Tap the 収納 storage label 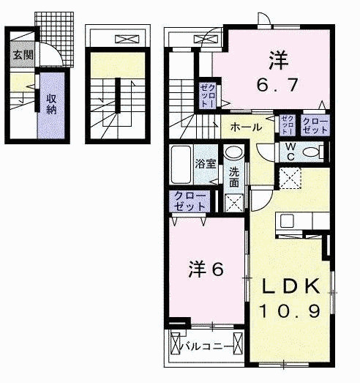click(x=50, y=105)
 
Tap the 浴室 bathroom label click(x=205, y=164)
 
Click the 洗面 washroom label click(x=233, y=178)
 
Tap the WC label click(x=290, y=152)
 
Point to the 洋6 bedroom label click(x=206, y=268)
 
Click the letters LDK click(x=293, y=286)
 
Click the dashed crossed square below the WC click(x=290, y=176)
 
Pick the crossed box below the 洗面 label click(x=233, y=203)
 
